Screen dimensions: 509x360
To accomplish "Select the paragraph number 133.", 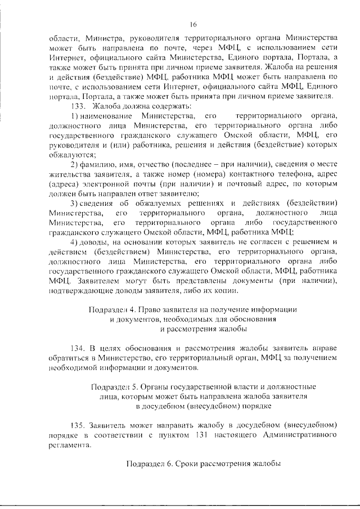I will [79, 106].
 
